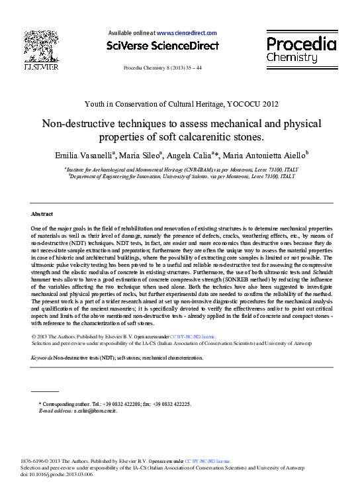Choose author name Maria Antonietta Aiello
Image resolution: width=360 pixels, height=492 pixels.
pyautogui.click(x=260, y=156)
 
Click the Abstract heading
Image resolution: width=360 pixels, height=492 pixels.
pyautogui.click(x=43, y=215)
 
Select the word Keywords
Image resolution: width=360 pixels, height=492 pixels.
pyautogui.click(x=42, y=358)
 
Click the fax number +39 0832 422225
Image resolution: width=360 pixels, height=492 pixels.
pyautogui.click(x=168, y=403)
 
